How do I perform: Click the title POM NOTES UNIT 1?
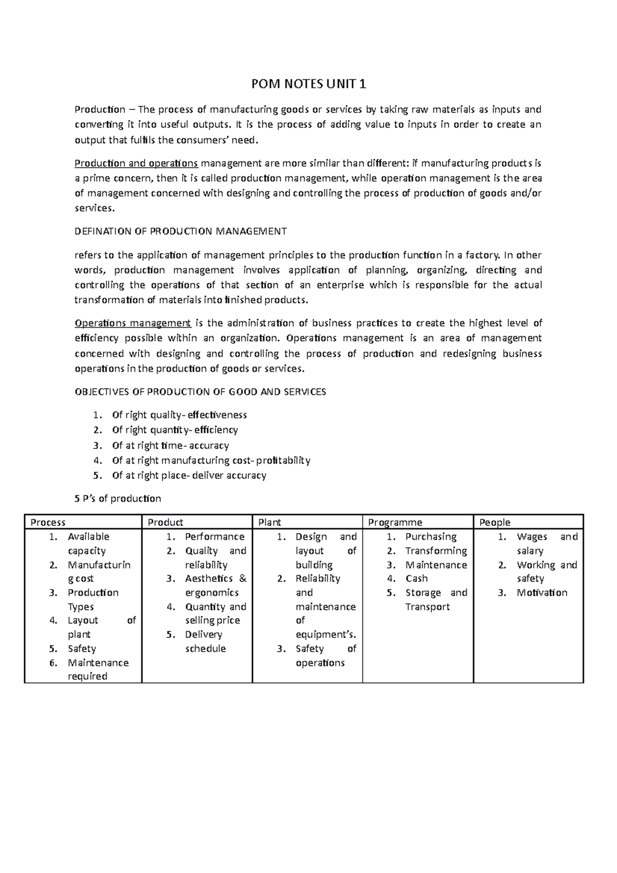308,84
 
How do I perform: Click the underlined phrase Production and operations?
136,163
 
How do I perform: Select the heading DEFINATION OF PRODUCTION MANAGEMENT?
180,231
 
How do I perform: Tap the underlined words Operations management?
133,323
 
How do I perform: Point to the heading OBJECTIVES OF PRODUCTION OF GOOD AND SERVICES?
201,392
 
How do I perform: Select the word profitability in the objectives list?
283,460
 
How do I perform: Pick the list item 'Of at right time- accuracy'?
170,445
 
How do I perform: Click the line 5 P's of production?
118,499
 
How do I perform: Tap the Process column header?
48,522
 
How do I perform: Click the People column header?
495,522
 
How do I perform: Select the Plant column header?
269,522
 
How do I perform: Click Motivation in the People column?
542,593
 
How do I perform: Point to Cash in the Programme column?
416,578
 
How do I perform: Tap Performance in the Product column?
214,537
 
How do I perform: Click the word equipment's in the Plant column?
325,634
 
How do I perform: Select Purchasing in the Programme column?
431,537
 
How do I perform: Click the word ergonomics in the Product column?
212,593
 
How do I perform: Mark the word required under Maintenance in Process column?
87,677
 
